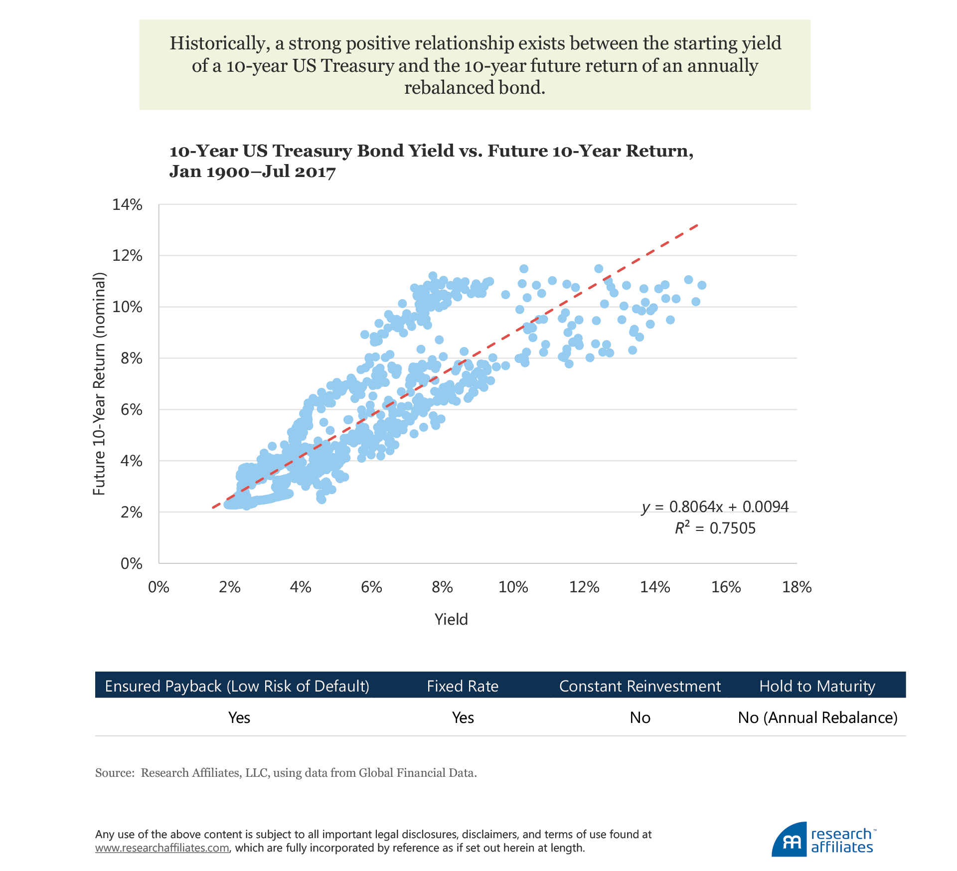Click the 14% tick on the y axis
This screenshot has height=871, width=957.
point(127,205)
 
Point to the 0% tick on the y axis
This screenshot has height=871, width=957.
point(131,564)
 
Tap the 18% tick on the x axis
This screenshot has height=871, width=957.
point(797,587)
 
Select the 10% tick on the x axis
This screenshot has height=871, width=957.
point(513,587)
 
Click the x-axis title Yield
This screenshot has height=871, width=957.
point(451,620)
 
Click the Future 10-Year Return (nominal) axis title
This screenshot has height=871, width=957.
point(100,384)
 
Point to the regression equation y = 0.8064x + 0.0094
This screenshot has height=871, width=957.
point(715,507)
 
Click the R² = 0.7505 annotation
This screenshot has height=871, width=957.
point(715,528)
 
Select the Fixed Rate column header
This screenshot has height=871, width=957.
point(463,687)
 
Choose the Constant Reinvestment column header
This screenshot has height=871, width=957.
point(639,687)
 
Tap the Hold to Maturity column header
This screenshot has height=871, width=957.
point(817,687)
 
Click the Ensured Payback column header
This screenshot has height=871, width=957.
point(237,687)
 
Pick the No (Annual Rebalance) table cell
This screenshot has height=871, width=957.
point(817,718)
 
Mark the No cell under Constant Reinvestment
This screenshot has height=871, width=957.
point(640,718)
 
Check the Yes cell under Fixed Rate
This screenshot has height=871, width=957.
point(463,718)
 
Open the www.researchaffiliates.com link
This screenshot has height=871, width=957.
point(162,848)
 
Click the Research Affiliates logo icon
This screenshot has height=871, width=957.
point(789,841)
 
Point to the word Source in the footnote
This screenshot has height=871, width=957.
point(114,773)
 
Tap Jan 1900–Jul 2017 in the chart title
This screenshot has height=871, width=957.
point(252,172)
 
